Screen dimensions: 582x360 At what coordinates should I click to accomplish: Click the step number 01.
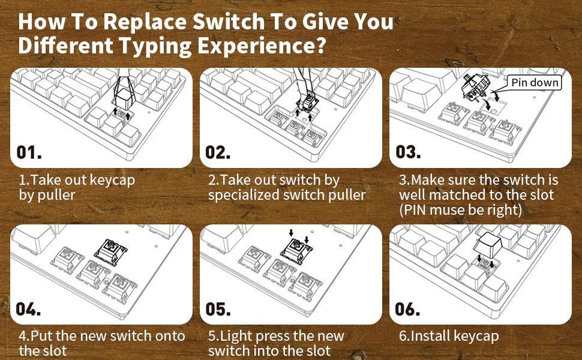coord(29,152)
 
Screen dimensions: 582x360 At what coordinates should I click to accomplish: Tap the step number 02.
coord(218,152)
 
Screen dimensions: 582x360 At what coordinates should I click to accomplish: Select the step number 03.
coord(408,152)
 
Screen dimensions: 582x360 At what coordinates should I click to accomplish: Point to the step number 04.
coord(28,309)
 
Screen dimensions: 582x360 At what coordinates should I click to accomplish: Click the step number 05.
coord(218,309)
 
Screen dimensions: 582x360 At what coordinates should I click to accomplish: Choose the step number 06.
coord(407,309)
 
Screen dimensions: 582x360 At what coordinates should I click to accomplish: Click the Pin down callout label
coord(535,82)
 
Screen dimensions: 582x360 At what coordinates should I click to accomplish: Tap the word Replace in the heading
coord(145,22)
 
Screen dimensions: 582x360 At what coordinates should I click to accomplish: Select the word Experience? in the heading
coord(262,46)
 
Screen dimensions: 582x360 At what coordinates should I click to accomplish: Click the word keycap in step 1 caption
coord(112,181)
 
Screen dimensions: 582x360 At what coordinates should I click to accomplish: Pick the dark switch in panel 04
coord(110,252)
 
